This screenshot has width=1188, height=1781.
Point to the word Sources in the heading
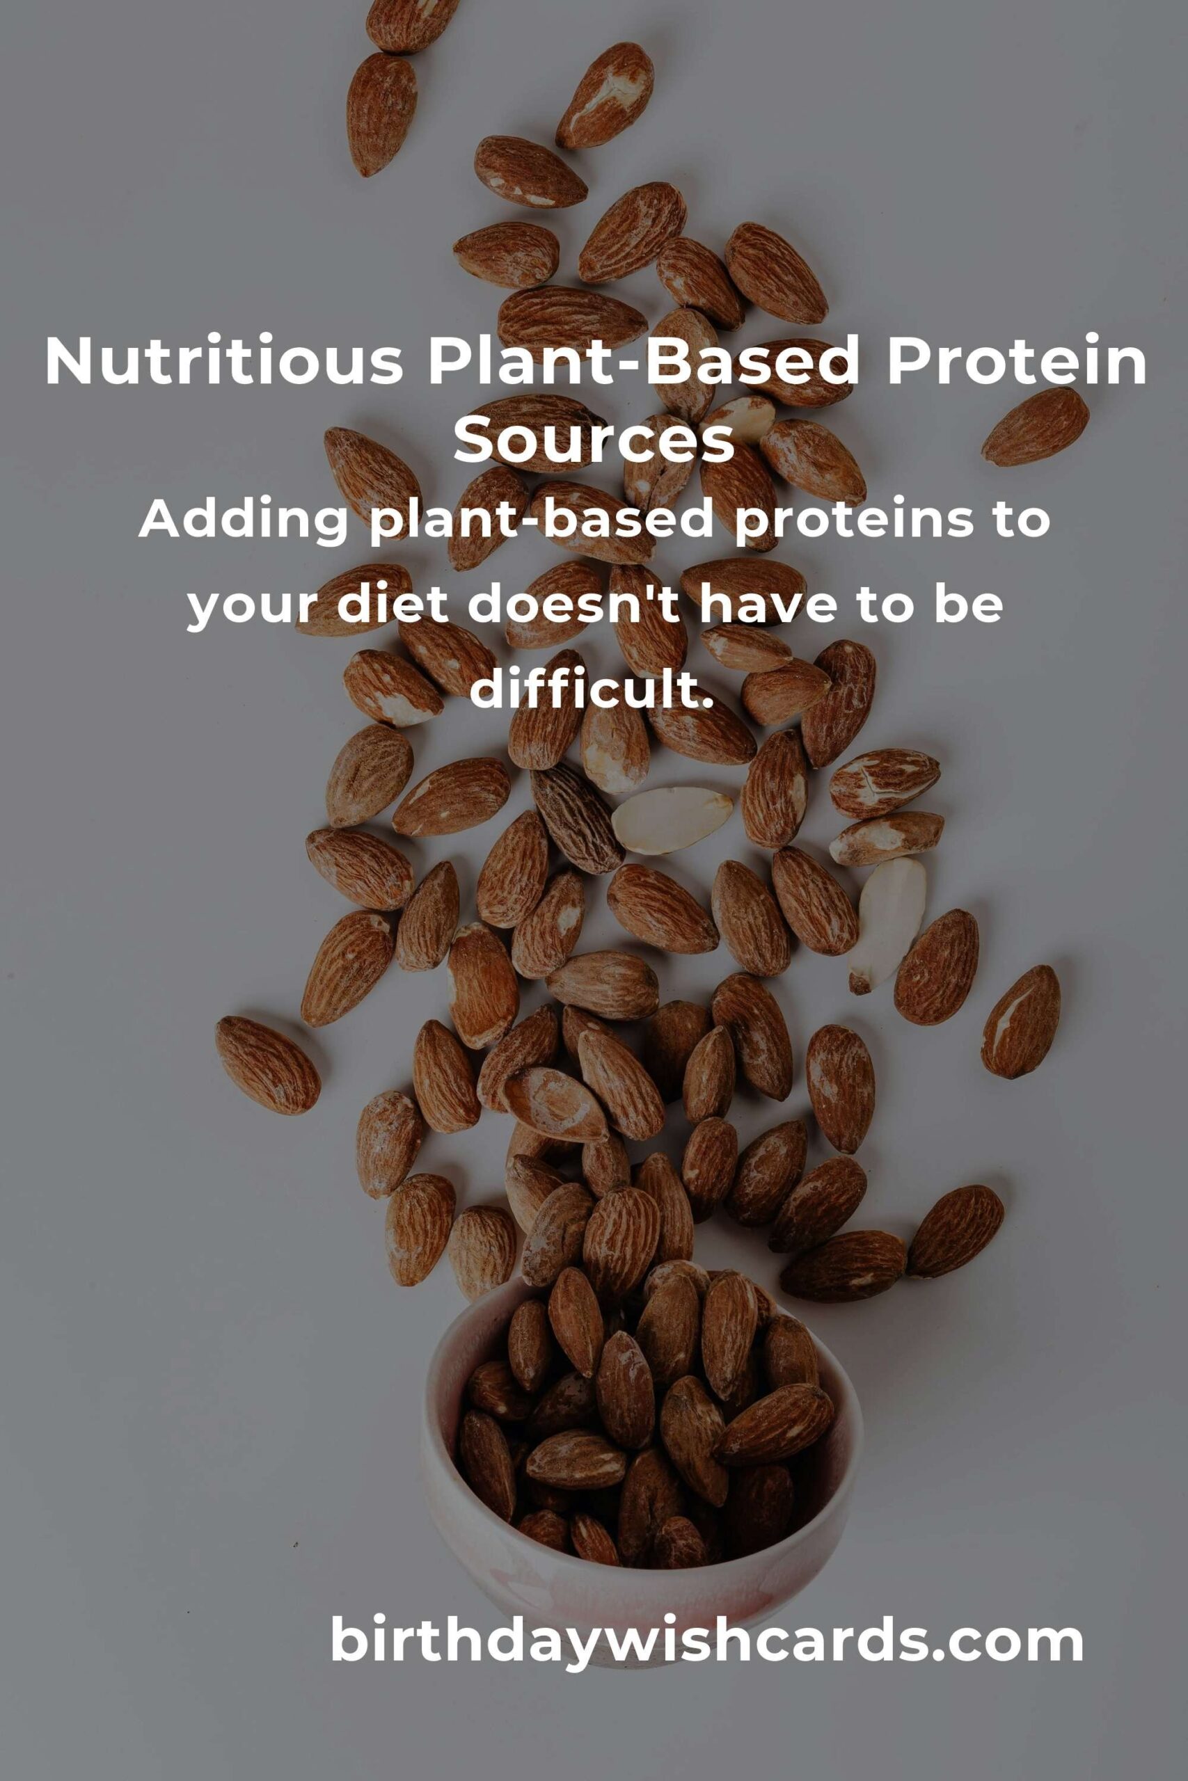[594, 440]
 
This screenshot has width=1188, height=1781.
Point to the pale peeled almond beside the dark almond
[672, 820]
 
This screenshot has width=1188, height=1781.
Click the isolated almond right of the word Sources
[1035, 426]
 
